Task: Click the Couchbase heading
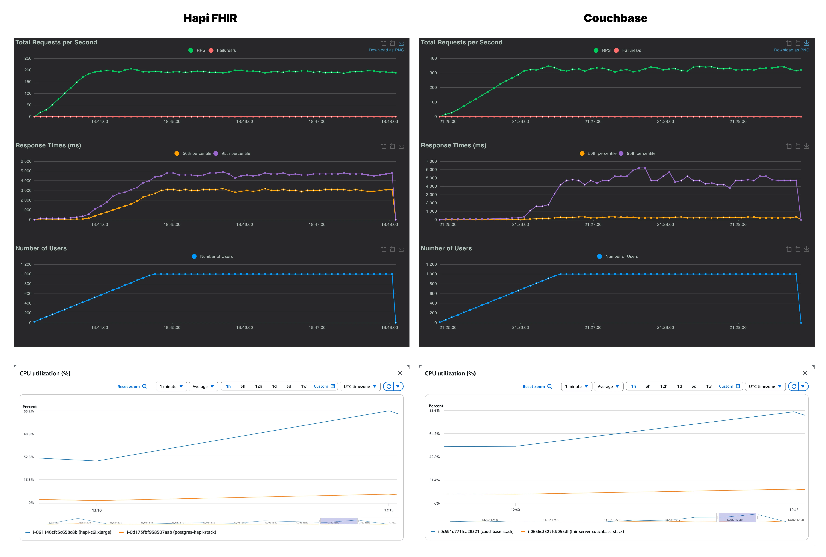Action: [x=615, y=18]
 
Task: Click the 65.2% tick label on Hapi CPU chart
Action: [x=29, y=411]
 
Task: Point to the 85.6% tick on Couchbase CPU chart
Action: [x=434, y=411]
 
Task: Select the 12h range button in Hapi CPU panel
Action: [x=258, y=386]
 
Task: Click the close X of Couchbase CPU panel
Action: [x=805, y=373]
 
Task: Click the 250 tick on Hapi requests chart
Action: [x=28, y=58]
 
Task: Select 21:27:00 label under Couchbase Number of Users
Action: [x=593, y=328]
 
